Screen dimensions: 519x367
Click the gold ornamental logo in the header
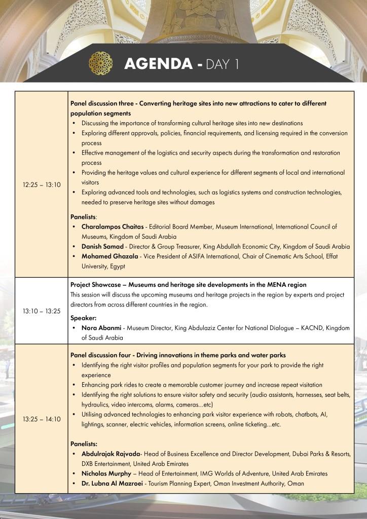(100, 63)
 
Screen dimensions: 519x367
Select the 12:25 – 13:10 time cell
(42, 185)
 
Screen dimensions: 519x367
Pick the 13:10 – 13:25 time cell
(42, 311)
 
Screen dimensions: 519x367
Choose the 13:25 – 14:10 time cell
(42, 419)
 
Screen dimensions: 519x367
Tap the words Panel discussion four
(100, 355)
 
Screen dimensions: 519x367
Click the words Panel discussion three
(101, 103)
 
